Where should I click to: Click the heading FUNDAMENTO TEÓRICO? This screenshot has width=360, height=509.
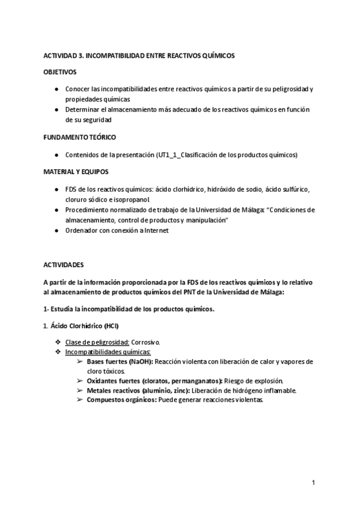80,137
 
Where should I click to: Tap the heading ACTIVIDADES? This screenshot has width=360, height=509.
64,264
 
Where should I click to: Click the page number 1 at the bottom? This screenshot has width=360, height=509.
313,482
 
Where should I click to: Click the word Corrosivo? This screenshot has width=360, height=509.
146,342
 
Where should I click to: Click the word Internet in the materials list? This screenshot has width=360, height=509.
155,230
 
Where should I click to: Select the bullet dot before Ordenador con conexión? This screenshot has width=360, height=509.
56,230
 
